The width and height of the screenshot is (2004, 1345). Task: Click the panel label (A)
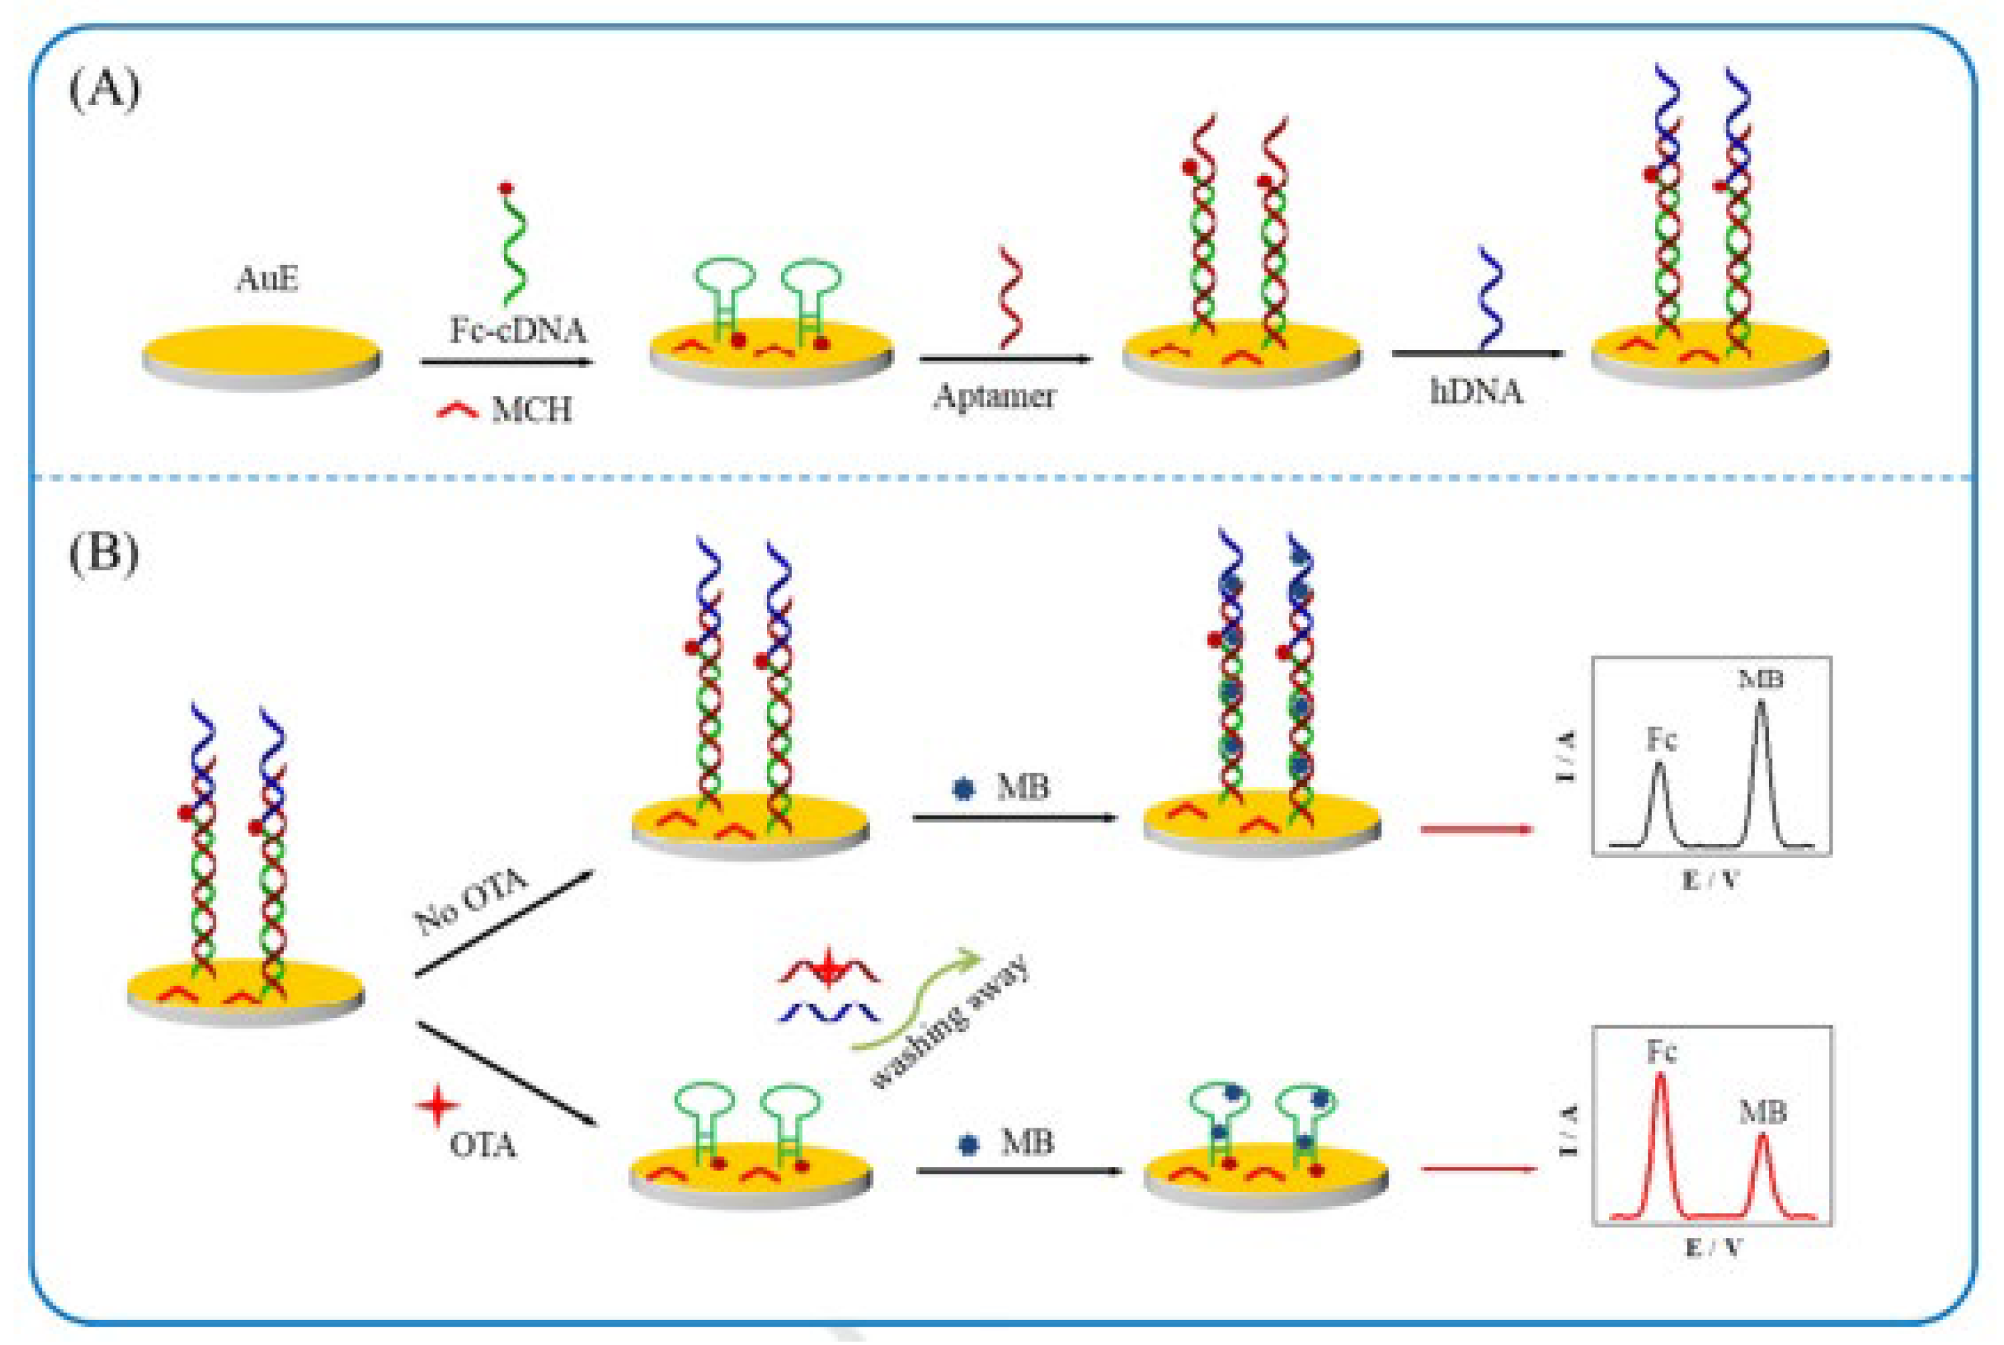pos(104,90)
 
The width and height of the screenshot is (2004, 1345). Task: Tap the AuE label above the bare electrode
pos(267,279)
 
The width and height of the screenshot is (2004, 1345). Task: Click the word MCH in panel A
pos(531,410)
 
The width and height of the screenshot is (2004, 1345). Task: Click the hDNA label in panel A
pos(1476,391)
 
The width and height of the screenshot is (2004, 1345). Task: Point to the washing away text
pos(951,1023)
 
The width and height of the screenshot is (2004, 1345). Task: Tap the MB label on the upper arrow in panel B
pos(1022,786)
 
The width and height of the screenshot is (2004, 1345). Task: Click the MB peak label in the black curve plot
pos(1760,679)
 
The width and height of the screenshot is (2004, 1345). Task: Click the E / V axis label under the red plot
pos(1712,1247)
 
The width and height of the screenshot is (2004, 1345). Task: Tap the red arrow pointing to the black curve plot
pos(1476,830)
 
